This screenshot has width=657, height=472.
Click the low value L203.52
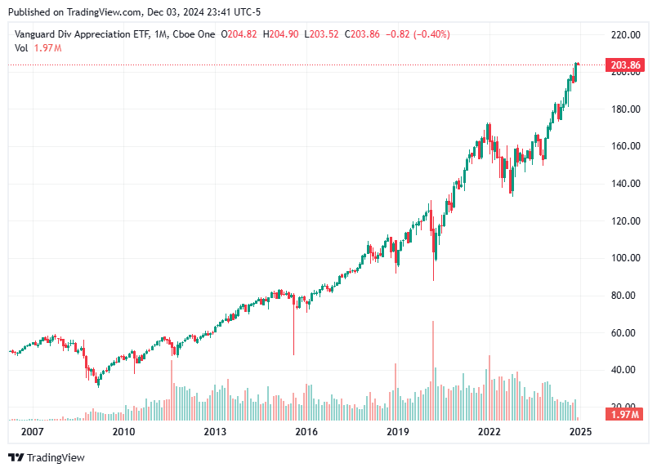322,34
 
